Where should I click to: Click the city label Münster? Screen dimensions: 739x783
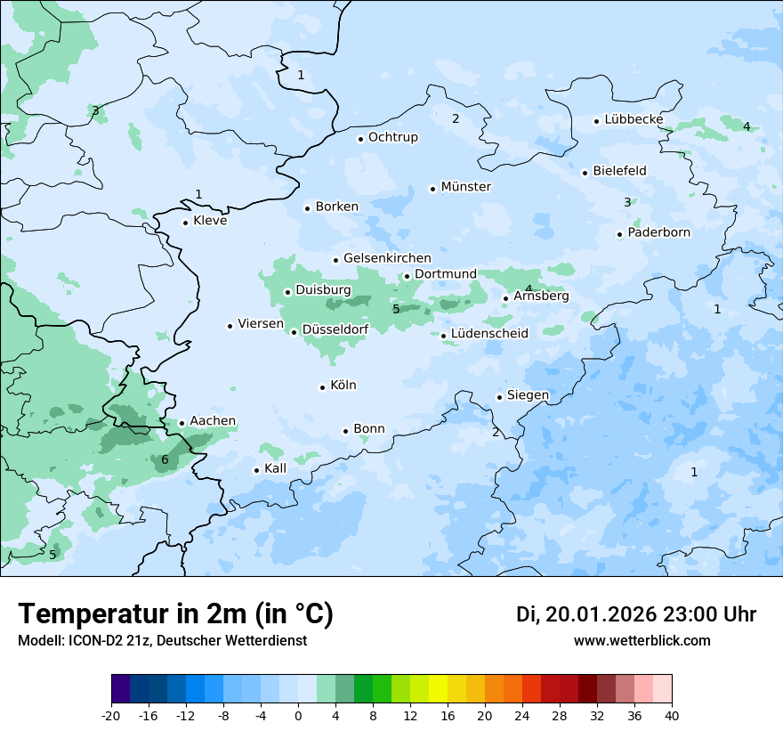point(466,187)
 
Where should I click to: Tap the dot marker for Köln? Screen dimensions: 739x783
point(322,387)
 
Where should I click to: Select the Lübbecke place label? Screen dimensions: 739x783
point(634,119)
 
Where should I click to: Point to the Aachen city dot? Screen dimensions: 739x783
point(182,424)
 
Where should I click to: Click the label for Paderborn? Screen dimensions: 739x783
point(658,232)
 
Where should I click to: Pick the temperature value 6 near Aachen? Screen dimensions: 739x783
point(165,460)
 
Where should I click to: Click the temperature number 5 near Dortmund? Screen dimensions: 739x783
point(396,309)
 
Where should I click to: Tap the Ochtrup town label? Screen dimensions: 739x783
point(392,137)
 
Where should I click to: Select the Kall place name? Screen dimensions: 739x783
point(276,468)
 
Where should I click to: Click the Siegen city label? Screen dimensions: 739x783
point(528,395)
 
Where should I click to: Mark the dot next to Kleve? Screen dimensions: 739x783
point(185,223)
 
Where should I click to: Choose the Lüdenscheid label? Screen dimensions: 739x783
point(489,334)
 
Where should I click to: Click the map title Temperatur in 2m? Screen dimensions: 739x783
point(175,613)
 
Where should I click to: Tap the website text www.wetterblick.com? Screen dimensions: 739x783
point(642,640)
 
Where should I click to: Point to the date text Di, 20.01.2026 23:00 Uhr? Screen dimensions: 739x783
point(636,614)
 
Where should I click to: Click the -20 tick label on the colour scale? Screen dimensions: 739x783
point(111,715)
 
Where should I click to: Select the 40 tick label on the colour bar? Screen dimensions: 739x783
point(672,715)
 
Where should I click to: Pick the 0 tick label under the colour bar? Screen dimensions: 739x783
point(298,715)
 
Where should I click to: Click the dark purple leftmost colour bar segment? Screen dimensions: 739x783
point(120,689)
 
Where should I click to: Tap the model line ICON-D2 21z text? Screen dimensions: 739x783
point(162,640)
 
